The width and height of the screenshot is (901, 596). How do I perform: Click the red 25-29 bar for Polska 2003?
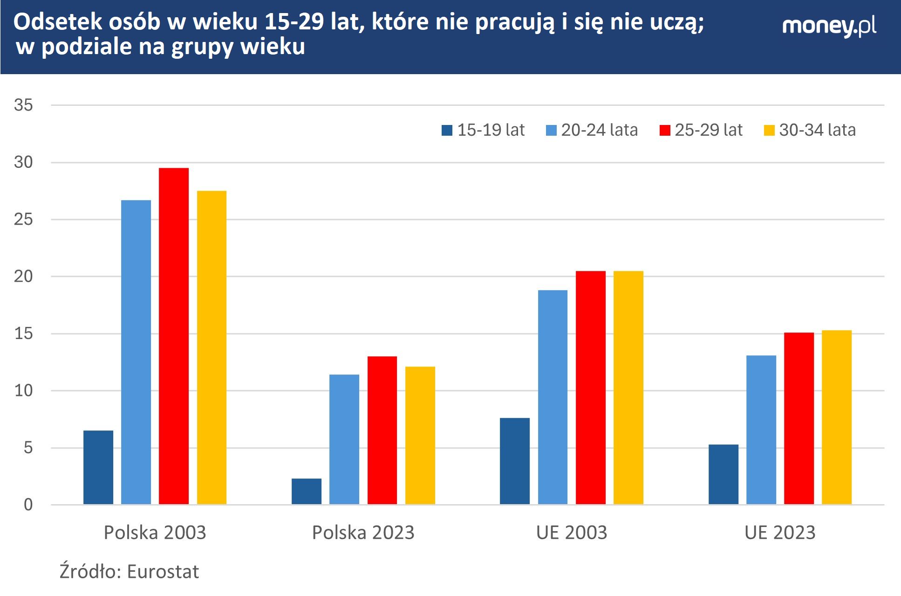click(174, 336)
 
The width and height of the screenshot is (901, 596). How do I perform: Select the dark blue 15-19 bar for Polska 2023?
click(307, 492)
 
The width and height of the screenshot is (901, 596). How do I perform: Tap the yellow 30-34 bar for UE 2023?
click(836, 417)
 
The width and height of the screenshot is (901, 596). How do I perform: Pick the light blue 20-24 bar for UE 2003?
click(553, 397)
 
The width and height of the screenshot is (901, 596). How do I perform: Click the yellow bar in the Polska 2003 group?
click(212, 347)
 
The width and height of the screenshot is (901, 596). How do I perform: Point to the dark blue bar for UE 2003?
click(515, 461)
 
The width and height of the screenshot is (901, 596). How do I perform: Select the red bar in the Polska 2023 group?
click(382, 430)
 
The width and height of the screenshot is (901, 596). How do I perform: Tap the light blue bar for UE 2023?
click(761, 430)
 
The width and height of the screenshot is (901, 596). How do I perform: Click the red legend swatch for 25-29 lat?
click(665, 131)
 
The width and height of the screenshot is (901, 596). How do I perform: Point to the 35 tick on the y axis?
click(23, 105)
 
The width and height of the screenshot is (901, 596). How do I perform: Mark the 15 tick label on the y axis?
click(23, 334)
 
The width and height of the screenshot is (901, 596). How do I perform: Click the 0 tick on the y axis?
click(28, 505)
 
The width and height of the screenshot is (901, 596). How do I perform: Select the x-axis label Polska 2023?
click(363, 533)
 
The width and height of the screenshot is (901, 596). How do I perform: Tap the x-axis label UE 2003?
click(571, 533)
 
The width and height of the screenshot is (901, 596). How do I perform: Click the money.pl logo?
click(829, 26)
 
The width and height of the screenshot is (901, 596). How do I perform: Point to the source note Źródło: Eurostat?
click(129, 571)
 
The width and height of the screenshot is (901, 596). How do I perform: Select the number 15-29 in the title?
click(294, 22)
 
